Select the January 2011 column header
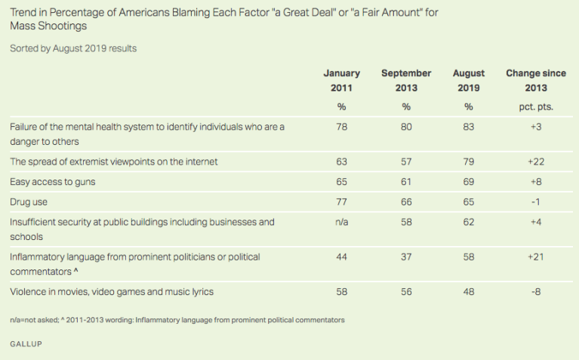coord(341,80)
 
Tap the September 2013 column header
coord(406,80)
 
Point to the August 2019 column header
coord(468,80)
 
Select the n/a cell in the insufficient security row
coord(341,222)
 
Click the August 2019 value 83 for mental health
coord(468,127)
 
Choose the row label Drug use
coord(29,202)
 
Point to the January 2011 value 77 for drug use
coord(341,202)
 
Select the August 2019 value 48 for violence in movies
coord(468,291)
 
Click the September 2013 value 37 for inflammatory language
coord(406,257)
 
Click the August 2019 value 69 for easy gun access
coord(468,182)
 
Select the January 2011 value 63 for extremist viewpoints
coord(341,162)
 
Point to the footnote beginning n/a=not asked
coord(177,320)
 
